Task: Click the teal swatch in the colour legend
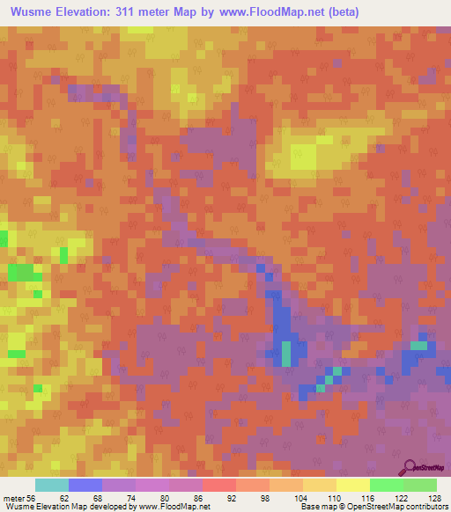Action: coord(52,485)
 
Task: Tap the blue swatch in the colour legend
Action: coord(85,485)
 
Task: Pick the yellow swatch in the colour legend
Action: coord(353,485)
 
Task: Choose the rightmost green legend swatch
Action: coord(420,485)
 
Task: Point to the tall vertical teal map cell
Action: coord(286,353)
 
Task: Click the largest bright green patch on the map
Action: coord(25,272)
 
